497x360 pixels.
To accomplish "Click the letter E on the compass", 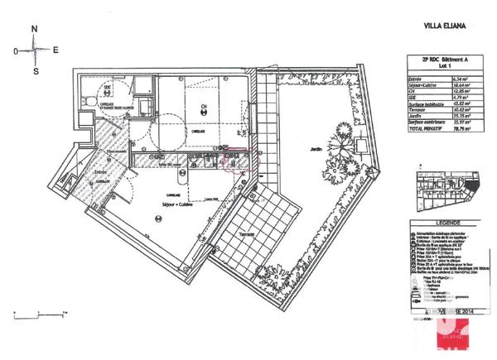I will click(x=55, y=50).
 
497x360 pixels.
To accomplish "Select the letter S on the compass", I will click(x=35, y=71).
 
